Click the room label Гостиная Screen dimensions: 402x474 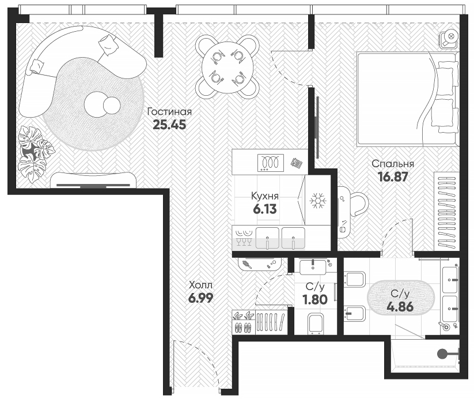(x=169, y=112)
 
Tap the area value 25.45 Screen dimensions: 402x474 (x=169, y=125)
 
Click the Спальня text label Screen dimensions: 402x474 (x=393, y=164)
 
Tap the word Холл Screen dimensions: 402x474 (x=200, y=284)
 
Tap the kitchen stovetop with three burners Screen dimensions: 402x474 (x=269, y=162)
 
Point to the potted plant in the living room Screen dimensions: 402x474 (x=32, y=152)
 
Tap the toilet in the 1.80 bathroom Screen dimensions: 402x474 (x=315, y=324)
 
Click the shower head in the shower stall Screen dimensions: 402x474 (x=442, y=354)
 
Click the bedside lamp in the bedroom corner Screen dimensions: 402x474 (x=449, y=37)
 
